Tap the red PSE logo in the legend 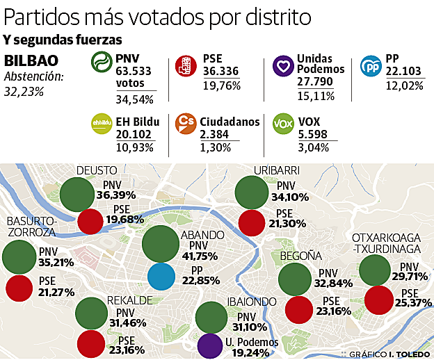(186, 65)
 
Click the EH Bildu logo (103, 125)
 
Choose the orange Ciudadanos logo (186, 124)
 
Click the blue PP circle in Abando (166, 276)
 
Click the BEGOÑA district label (300, 256)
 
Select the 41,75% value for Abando (200, 256)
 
